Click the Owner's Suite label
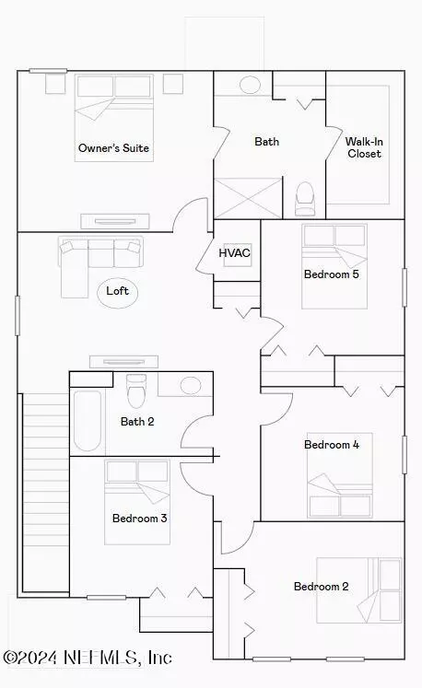(113, 148)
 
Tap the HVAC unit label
(234, 252)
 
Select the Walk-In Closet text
(364, 147)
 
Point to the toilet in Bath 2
(136, 391)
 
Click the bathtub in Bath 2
(88, 421)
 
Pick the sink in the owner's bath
(251, 85)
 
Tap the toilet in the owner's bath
(305, 199)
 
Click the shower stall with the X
(248, 198)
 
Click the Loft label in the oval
(117, 291)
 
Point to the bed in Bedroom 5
(334, 266)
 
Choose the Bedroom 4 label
(332, 445)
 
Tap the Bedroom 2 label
(321, 587)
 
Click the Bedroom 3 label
(140, 519)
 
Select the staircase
(45, 493)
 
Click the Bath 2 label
(137, 422)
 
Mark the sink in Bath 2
(191, 386)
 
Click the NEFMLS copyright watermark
(87, 658)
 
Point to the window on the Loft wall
(18, 316)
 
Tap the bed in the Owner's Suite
(113, 118)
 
